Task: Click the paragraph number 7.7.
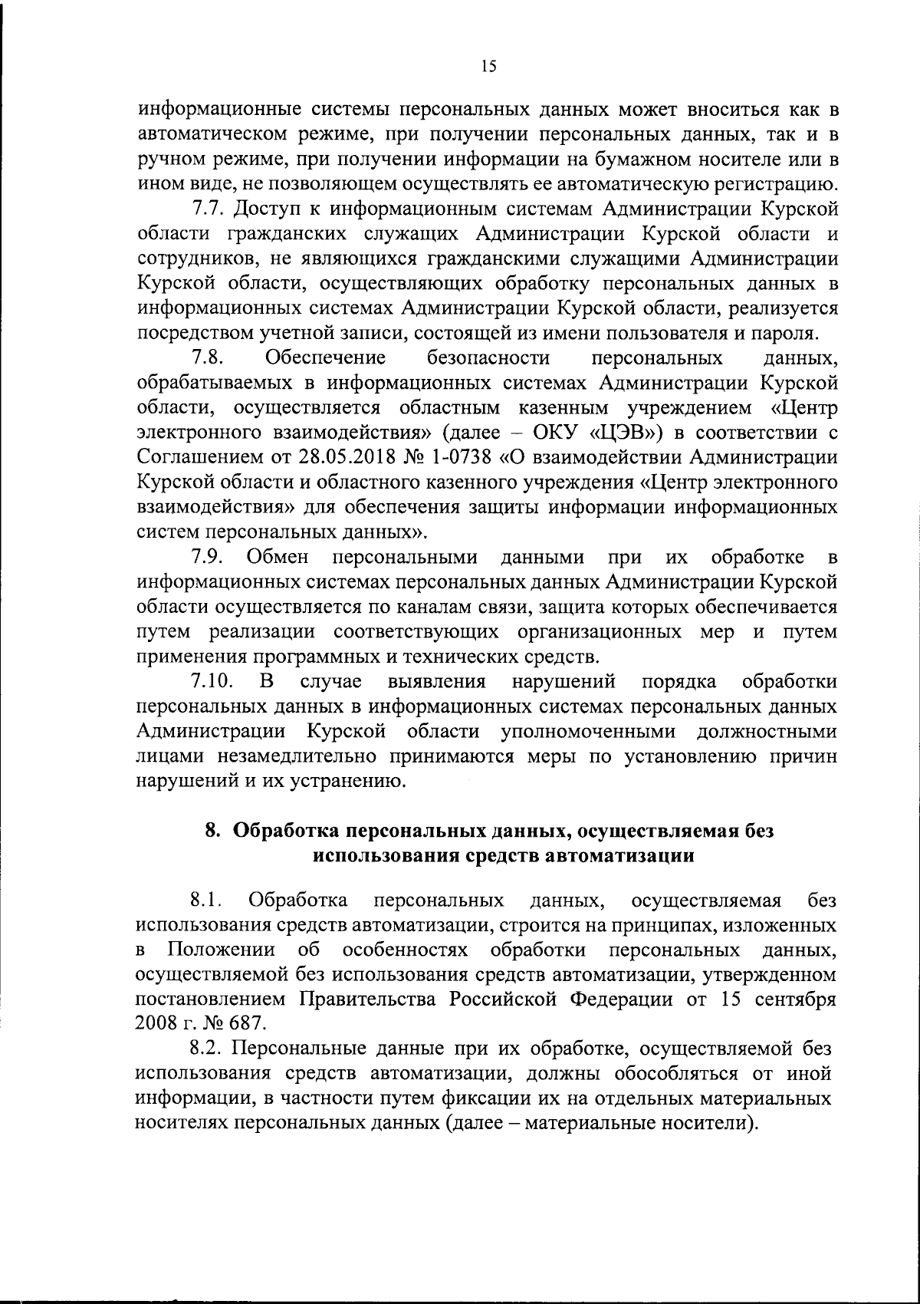[x=207, y=209]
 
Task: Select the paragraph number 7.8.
[x=208, y=357]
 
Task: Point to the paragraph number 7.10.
[x=212, y=681]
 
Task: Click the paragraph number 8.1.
[x=207, y=900]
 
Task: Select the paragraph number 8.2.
[x=207, y=1049]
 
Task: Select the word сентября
[x=795, y=999]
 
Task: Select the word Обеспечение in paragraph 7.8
[x=325, y=357]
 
